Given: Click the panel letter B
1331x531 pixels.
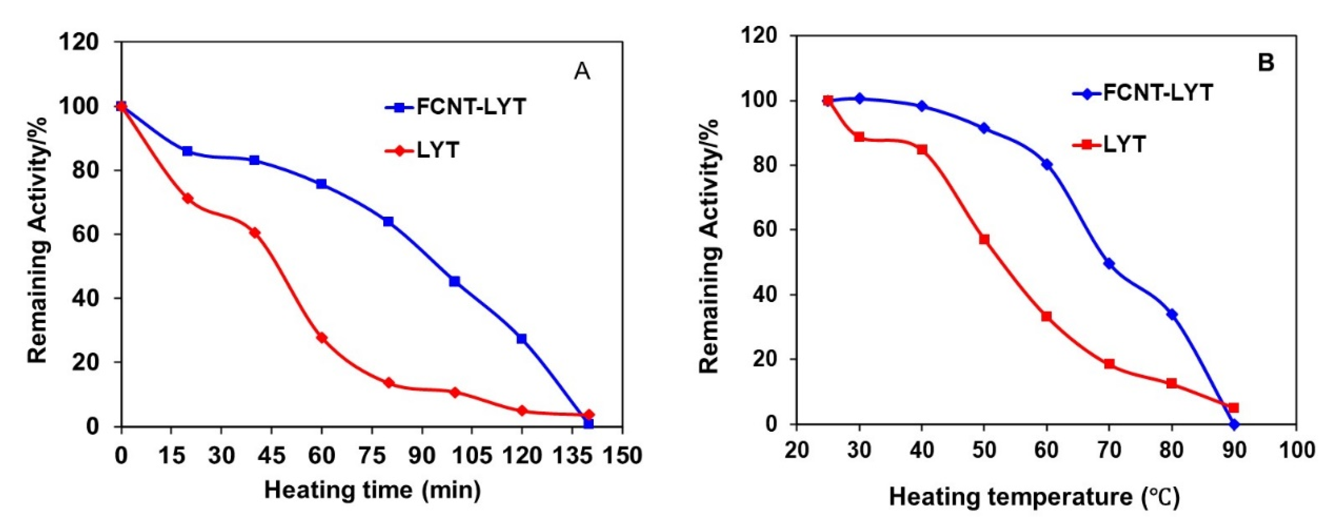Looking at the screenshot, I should point(1265,63).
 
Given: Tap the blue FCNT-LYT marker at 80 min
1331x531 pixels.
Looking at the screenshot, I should point(388,222).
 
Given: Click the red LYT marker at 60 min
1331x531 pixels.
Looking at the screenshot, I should point(322,338).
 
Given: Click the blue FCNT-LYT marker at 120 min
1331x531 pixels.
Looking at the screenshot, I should point(522,339).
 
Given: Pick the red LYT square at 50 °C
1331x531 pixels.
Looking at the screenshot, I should point(984,239).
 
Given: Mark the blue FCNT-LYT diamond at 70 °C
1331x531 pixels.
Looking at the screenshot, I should point(1109,264).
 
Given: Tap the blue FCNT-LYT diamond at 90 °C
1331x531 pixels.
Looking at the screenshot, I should point(1234,424).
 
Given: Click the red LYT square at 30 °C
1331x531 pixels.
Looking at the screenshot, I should point(859,137).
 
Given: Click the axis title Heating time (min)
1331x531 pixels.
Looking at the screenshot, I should point(372,490).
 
